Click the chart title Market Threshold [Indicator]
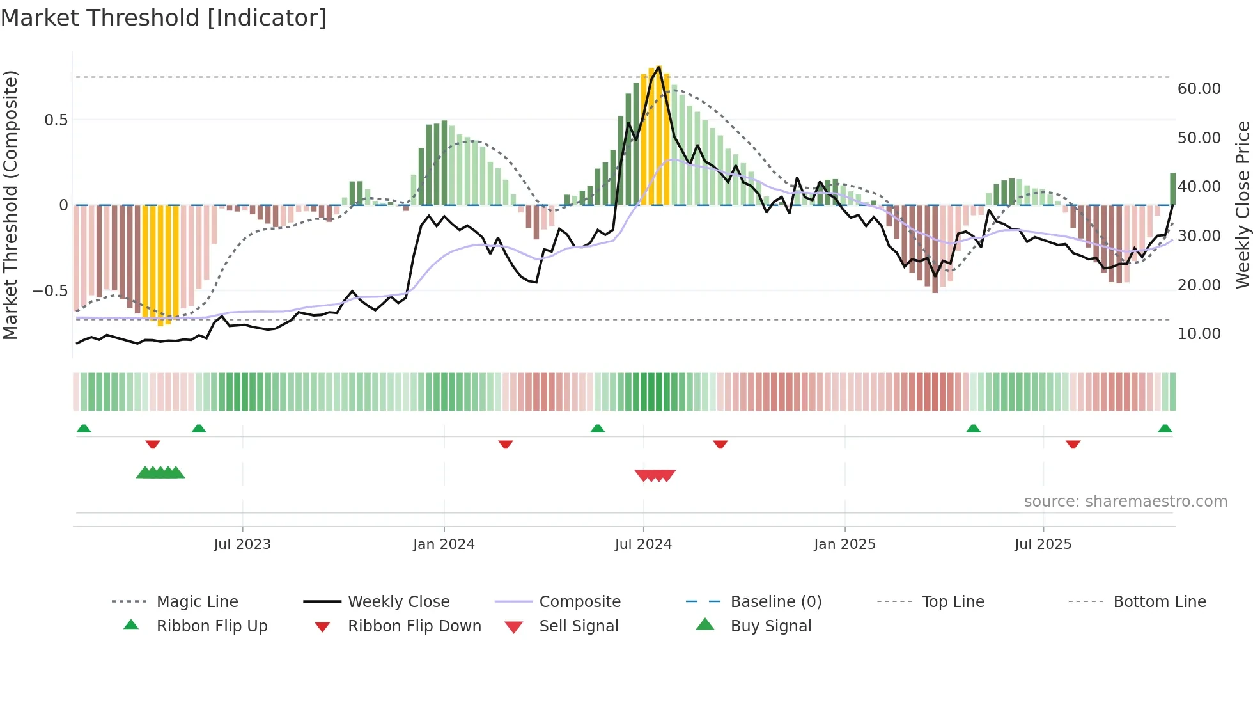164,18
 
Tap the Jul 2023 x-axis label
242,544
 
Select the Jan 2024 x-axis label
444,544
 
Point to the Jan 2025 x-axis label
844,544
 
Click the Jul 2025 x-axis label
1043,544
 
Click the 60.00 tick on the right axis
1199,89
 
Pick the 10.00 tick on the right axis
1199,334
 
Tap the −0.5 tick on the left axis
51,291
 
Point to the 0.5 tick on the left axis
56,120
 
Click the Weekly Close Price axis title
1242,205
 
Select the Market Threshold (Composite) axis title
10,205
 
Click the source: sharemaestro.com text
1125,502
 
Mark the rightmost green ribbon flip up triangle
1165,429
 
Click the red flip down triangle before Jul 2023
153,444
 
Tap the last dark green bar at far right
1172,189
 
